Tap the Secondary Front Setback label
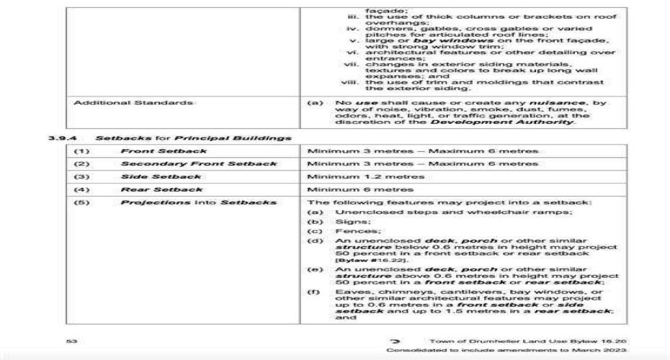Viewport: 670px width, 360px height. tap(198, 163)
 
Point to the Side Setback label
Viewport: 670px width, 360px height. tap(161, 176)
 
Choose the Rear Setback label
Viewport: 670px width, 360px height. tap(161, 189)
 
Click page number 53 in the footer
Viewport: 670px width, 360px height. tap(71, 340)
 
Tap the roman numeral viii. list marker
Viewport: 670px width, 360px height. tap(353, 81)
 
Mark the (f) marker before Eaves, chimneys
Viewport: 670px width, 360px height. tap(315, 292)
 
